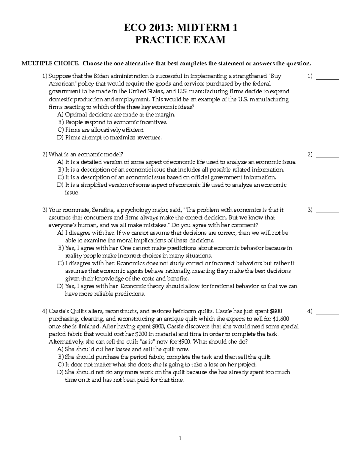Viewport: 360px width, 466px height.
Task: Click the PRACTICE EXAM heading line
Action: [x=180, y=40]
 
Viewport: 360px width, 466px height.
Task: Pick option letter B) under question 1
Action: [x=61, y=122]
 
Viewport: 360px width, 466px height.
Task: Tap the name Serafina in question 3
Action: [x=103, y=210]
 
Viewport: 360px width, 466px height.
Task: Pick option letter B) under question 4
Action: [x=61, y=357]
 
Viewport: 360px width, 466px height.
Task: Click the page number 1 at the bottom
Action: [x=180, y=438]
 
